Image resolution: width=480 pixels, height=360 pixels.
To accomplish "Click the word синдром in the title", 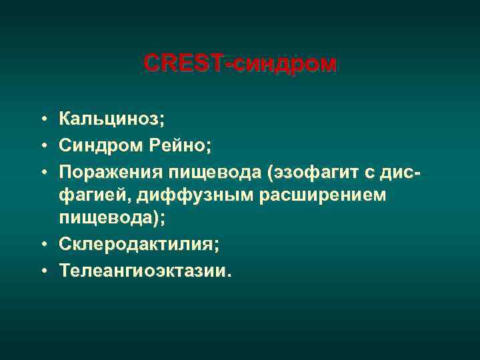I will tap(288, 64).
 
